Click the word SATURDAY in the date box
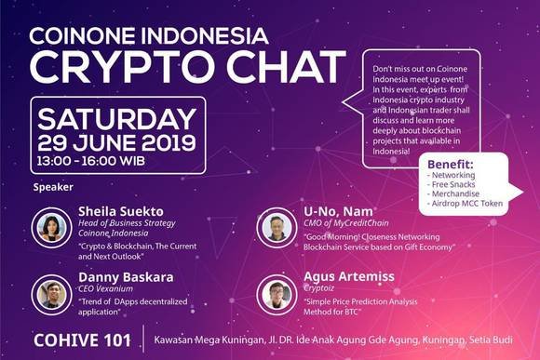tap(113, 120)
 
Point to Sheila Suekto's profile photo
tap(47, 227)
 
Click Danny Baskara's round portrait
tap(47, 294)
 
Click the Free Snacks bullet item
tap(456, 184)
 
